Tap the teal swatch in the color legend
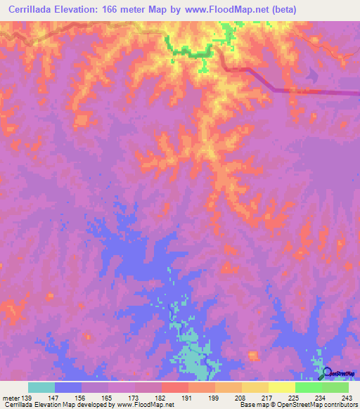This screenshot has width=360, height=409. coord(41,387)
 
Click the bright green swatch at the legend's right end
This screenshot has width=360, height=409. coord(335,387)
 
